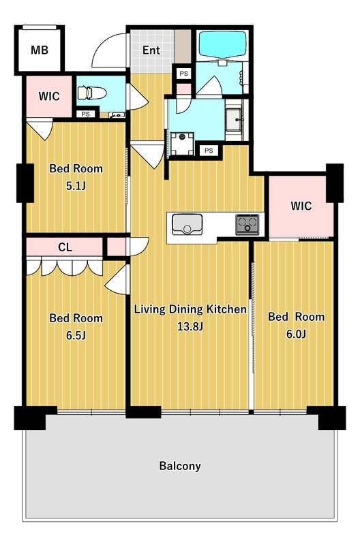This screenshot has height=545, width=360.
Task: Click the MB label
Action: [40, 50]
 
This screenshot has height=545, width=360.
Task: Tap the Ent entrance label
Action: [151, 50]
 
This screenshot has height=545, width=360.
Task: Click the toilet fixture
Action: [91, 93]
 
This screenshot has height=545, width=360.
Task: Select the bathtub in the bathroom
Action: [222, 45]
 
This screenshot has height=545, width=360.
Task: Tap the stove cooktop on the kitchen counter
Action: [247, 224]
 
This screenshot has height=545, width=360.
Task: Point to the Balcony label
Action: [180, 466]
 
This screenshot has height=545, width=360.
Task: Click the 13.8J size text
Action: [190, 327]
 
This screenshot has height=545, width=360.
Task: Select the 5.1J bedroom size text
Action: [76, 186]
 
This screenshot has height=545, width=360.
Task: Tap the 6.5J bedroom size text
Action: [76, 336]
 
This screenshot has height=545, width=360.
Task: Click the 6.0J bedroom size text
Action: [296, 334]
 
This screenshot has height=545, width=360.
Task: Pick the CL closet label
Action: [65, 247]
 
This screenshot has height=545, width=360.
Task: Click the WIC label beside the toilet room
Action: [49, 96]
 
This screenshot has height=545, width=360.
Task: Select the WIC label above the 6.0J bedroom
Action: [301, 206]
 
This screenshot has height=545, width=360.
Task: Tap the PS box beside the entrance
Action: [183, 74]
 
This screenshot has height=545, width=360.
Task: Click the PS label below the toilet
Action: [85, 114]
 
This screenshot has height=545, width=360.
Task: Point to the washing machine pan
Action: [182, 144]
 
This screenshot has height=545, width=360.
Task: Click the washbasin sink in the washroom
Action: [235, 120]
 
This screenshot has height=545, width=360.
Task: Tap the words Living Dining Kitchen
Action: [190, 309]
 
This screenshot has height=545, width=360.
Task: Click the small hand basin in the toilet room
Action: [117, 115]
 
